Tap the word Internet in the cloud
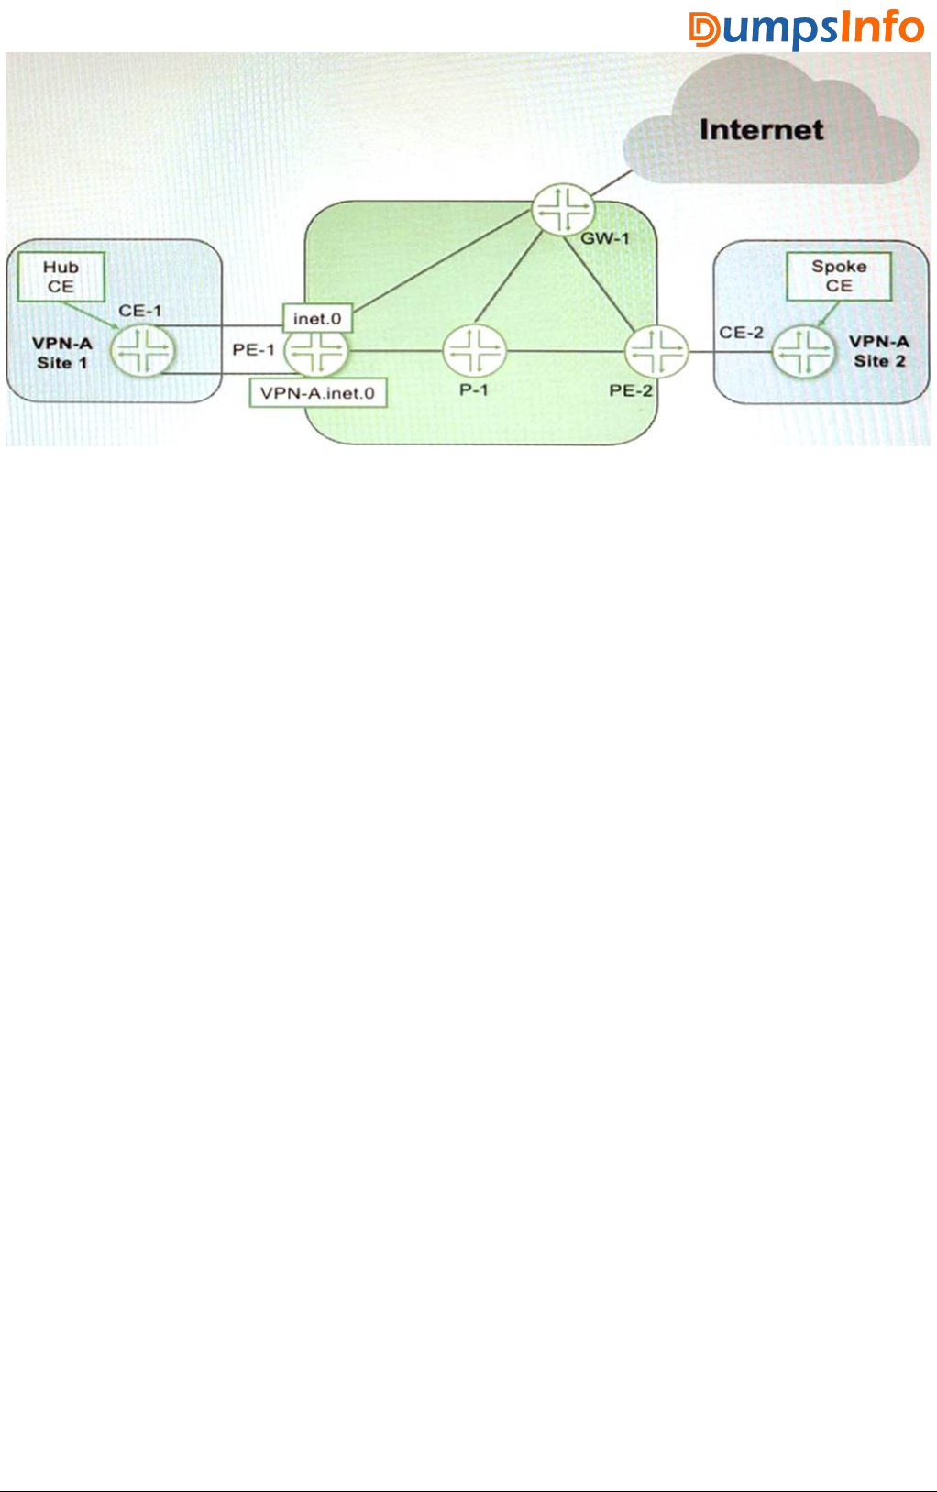tap(761, 130)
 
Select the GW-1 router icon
tap(563, 210)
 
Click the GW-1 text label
tap(605, 239)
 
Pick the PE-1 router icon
tap(316, 351)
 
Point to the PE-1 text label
tap(253, 350)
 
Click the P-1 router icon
tap(474, 351)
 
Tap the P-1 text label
tap(474, 390)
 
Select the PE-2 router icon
tap(656, 351)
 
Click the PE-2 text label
tap(631, 391)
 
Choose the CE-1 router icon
tap(143, 351)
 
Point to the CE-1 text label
tap(140, 311)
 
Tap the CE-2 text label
tap(741, 333)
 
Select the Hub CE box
tap(61, 277)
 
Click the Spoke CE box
tap(839, 276)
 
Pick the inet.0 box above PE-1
tap(317, 319)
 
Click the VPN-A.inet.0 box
tap(317, 393)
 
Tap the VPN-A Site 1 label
tap(62, 353)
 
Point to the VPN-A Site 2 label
tap(879, 351)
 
